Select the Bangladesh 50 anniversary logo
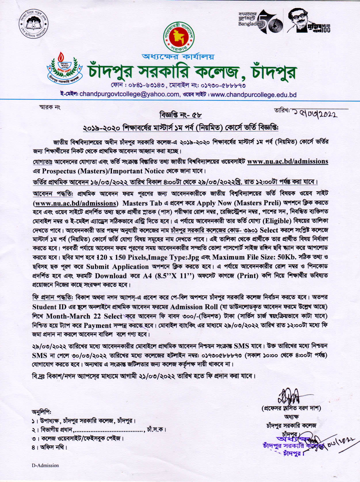click(260, 22)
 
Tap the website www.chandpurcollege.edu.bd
click(254, 95)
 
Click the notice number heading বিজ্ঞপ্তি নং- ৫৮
click(180, 115)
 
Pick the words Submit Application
click(117, 267)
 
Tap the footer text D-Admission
click(45, 465)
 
